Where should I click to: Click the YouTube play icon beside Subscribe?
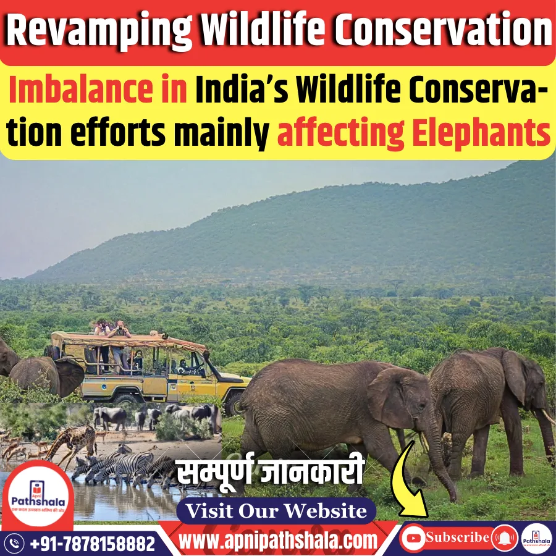pos(413,537)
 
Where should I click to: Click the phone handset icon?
pos(15,544)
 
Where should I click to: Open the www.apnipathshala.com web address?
pos(278,541)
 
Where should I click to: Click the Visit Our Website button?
pos(276,511)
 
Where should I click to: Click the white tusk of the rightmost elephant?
pos(546,417)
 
